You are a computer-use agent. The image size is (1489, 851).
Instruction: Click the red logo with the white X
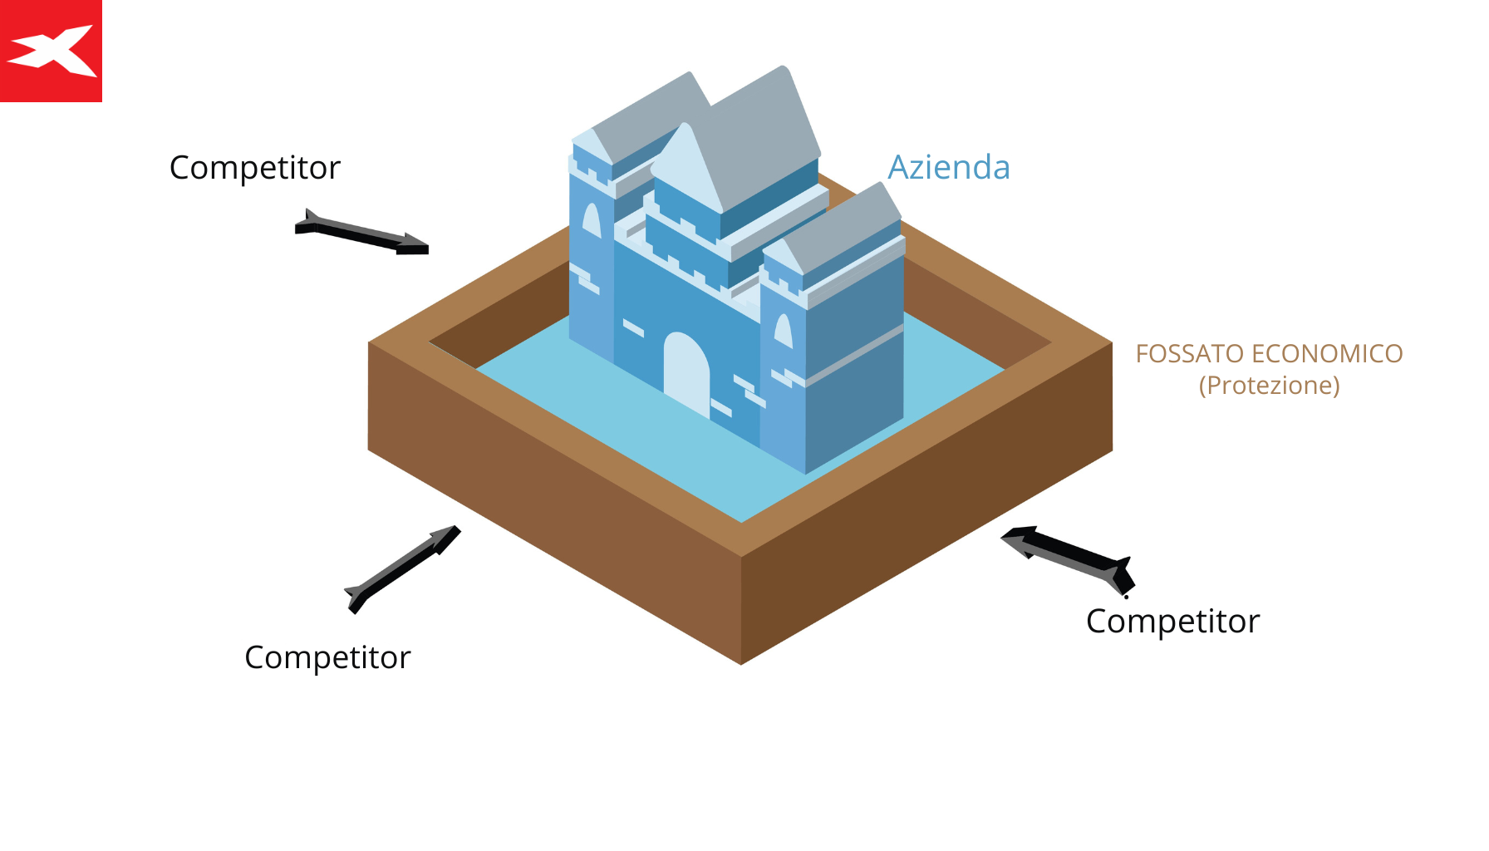click(51, 51)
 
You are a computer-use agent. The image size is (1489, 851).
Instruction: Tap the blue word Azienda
click(949, 167)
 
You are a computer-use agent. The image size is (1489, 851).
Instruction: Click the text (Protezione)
click(1269, 386)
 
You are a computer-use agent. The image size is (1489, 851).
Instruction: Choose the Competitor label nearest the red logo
click(255, 168)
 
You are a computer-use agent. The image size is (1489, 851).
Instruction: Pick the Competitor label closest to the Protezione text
click(1172, 622)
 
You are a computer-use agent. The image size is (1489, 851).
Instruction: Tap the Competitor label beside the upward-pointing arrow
click(327, 657)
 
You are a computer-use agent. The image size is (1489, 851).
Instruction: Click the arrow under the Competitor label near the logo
click(362, 232)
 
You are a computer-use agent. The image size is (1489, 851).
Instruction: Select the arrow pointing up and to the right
click(403, 568)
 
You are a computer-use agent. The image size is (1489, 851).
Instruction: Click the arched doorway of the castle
click(686, 371)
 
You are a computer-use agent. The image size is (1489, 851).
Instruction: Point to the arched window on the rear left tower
click(591, 219)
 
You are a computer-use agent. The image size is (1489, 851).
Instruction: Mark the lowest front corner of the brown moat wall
click(741, 662)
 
